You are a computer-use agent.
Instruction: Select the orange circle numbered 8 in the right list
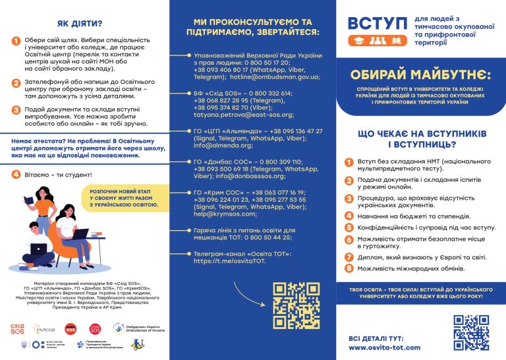tap(349, 269)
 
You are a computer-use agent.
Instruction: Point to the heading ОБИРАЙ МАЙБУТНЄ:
tap(420, 73)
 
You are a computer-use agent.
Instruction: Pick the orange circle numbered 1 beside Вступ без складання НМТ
tap(349, 162)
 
